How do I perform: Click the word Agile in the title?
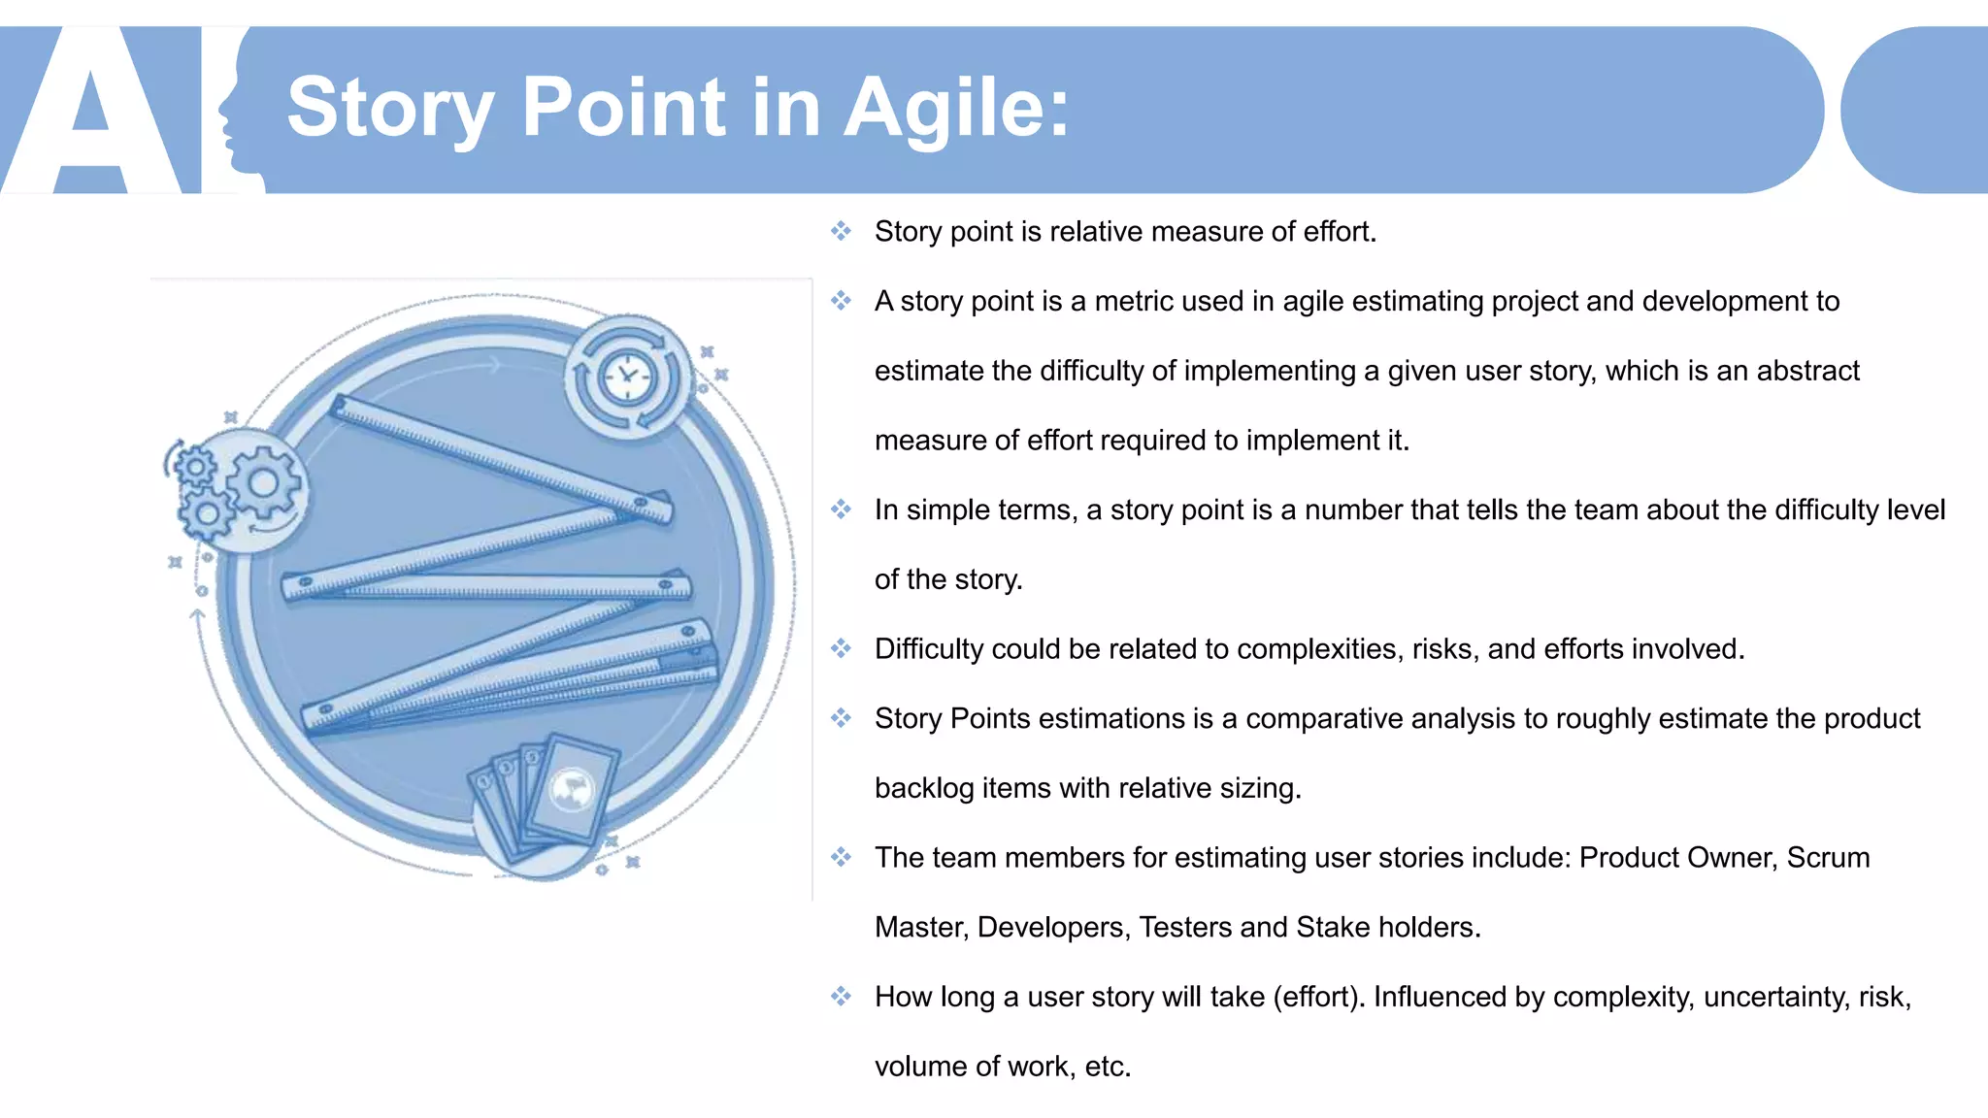coord(956,109)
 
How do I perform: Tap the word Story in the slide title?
coord(390,109)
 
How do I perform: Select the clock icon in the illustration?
coord(628,378)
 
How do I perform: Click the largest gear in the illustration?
coord(263,482)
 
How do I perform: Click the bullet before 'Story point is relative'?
coord(841,231)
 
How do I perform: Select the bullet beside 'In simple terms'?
coord(841,510)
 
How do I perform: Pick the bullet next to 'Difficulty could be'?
coord(841,648)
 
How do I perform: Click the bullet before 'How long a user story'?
coord(841,996)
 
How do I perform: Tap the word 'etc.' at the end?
coord(1108,1067)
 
